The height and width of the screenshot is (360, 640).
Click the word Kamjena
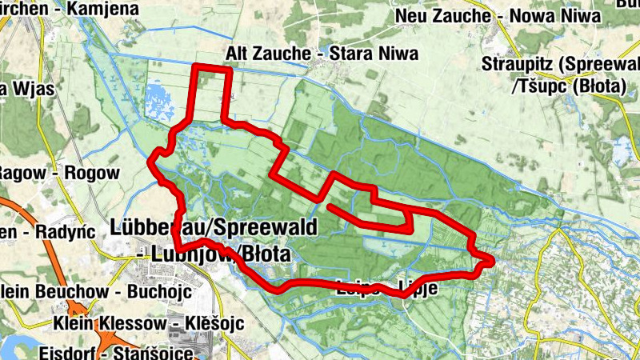pyautogui.click(x=88, y=8)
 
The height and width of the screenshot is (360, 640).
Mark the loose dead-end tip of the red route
pyautogui.click(x=330, y=207)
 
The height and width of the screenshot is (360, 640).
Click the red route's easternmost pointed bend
pyautogui.click(x=491, y=261)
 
